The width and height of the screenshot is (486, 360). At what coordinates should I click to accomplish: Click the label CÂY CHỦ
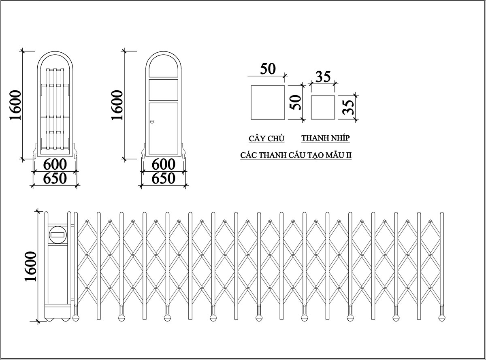point(266,138)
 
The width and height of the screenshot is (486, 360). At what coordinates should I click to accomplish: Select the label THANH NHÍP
point(325,138)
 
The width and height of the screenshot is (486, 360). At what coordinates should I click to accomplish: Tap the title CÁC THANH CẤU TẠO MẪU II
point(296,155)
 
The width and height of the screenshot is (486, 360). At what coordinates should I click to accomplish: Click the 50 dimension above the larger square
point(268,69)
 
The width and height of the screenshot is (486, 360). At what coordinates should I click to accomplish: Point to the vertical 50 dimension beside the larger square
point(296,102)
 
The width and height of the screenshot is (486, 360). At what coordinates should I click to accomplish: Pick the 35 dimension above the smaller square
point(323,77)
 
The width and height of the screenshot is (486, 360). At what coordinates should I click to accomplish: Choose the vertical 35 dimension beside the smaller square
point(348,107)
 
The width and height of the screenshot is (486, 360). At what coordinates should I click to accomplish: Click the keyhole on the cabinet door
point(152,121)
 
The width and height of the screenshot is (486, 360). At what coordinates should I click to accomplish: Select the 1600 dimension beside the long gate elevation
point(30,266)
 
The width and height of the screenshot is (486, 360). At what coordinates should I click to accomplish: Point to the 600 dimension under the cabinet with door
point(164,164)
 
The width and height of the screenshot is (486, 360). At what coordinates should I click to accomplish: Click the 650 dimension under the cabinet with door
point(164,178)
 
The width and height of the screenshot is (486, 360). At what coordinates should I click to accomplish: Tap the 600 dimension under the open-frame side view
point(55,164)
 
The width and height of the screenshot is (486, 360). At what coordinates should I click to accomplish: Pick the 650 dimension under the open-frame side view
point(55,178)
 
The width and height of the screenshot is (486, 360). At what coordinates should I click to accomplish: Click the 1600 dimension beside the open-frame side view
point(15,105)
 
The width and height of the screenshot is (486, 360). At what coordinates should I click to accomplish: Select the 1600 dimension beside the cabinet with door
point(117,105)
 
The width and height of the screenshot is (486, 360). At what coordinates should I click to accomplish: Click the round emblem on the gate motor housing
point(58,235)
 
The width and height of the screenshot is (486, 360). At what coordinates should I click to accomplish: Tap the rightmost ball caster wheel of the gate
point(442,318)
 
